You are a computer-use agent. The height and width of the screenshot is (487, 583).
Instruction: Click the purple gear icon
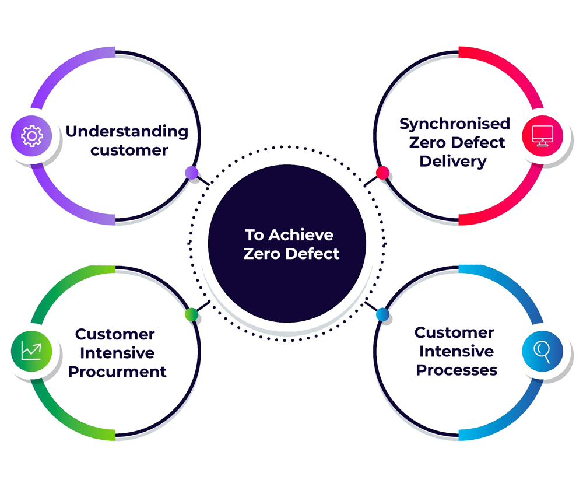tap(31, 136)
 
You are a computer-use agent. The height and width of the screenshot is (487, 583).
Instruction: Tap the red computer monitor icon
tap(542, 136)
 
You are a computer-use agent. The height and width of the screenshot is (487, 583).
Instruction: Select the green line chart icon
tap(31, 351)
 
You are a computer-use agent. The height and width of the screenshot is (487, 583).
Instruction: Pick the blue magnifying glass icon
tap(542, 351)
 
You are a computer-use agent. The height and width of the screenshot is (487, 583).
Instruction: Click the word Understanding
tap(127, 132)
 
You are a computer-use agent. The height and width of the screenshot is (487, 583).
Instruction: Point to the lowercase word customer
tap(129, 150)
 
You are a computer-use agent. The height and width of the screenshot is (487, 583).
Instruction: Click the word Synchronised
tap(455, 124)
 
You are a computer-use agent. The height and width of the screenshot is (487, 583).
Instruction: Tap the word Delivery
tap(453, 162)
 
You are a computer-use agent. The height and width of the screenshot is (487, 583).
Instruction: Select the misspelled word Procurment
tap(117, 372)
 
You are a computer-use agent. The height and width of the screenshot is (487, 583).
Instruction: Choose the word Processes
tap(456, 370)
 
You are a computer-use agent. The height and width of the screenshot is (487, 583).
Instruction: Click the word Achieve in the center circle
tap(301, 235)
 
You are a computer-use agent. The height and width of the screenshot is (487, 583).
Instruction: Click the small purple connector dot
tap(191, 173)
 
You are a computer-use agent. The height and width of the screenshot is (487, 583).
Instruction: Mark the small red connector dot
tap(382, 173)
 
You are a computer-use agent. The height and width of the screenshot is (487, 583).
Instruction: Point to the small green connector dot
tap(191, 314)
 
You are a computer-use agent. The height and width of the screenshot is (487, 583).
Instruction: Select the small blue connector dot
tap(382, 314)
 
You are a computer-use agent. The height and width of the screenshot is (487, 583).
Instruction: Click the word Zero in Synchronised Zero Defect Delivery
tap(427, 142)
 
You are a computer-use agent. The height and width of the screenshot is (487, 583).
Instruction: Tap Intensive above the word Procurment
tap(117, 353)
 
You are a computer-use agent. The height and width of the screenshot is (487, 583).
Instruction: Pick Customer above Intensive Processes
tap(454, 332)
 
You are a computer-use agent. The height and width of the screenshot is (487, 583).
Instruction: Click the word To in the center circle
tap(254, 235)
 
